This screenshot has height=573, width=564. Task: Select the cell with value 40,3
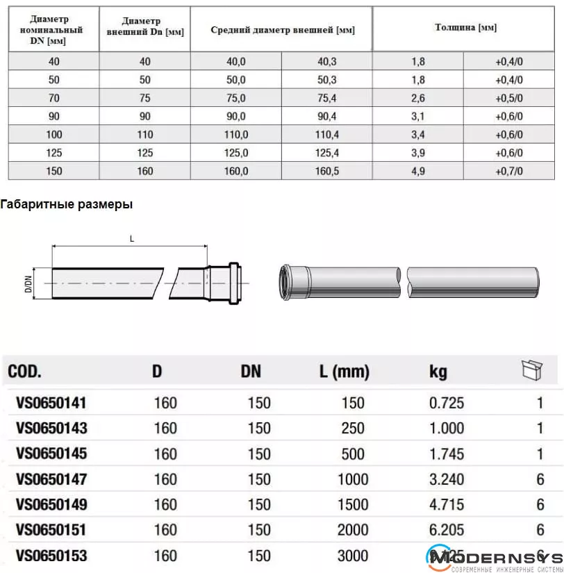click(326, 61)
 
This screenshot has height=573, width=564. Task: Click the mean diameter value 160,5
click(326, 170)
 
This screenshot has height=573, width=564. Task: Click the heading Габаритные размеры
click(67, 205)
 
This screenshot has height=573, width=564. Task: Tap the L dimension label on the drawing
click(131, 239)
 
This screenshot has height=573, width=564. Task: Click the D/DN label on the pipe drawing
click(28, 283)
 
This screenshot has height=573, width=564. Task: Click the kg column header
click(438, 372)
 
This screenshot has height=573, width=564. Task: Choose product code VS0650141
click(51, 403)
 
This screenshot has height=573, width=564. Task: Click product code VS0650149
click(51, 504)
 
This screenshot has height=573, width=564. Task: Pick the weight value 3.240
click(447, 479)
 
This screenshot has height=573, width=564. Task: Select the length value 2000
click(353, 530)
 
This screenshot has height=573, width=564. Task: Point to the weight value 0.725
click(447, 403)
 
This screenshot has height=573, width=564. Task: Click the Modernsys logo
click(494, 556)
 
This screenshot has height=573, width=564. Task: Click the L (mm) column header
click(345, 372)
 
